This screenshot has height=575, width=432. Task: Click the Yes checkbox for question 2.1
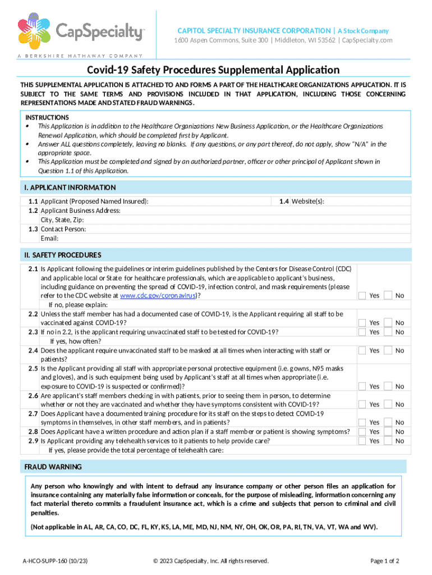click(362, 295)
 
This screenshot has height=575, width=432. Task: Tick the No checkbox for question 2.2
click(388, 322)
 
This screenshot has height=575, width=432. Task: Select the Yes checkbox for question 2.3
click(362, 332)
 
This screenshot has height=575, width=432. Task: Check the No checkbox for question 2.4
click(388, 350)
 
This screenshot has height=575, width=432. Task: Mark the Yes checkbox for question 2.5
click(362, 386)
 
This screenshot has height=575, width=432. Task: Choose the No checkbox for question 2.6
click(388, 404)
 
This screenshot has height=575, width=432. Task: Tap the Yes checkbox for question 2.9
click(362, 441)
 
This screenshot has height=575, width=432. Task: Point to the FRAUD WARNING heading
click(53, 467)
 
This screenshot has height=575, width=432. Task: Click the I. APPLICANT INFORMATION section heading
click(70, 188)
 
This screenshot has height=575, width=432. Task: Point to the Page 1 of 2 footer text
click(385, 560)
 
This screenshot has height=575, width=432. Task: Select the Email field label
click(50, 238)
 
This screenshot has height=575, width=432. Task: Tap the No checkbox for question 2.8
click(388, 432)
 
